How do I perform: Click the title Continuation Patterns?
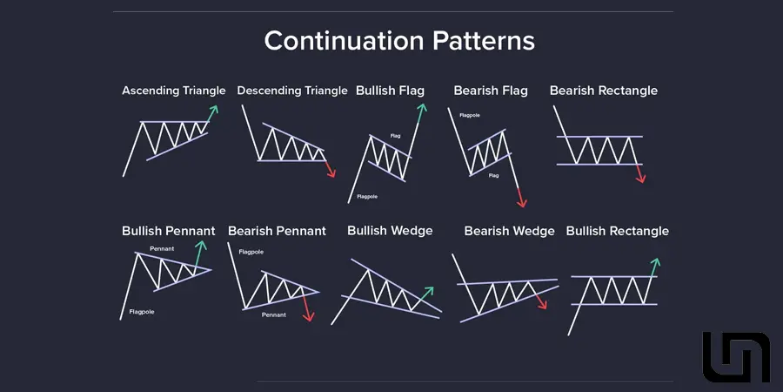coord(399,40)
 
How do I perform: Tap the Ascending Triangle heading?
coord(174,91)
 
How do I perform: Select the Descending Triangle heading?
coord(292,91)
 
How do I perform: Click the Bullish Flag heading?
coord(390,91)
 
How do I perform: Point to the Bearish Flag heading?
coord(491,91)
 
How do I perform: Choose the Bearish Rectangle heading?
coord(604,91)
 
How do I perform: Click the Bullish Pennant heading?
coord(169,231)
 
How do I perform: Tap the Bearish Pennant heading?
coord(278,231)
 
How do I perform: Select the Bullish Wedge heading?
coord(390,231)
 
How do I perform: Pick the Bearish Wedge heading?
coord(509,231)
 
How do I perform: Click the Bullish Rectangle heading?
coord(618,231)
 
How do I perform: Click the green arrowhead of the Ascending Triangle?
coord(214,110)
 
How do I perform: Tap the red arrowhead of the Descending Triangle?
coord(331,172)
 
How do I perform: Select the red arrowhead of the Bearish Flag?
coord(522,202)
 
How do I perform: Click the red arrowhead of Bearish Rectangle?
coord(641,178)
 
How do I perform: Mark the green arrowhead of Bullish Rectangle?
coord(656,263)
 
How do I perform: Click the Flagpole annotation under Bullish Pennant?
coord(142,312)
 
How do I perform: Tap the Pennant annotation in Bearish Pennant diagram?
coord(274,315)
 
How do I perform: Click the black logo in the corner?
coord(736,357)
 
